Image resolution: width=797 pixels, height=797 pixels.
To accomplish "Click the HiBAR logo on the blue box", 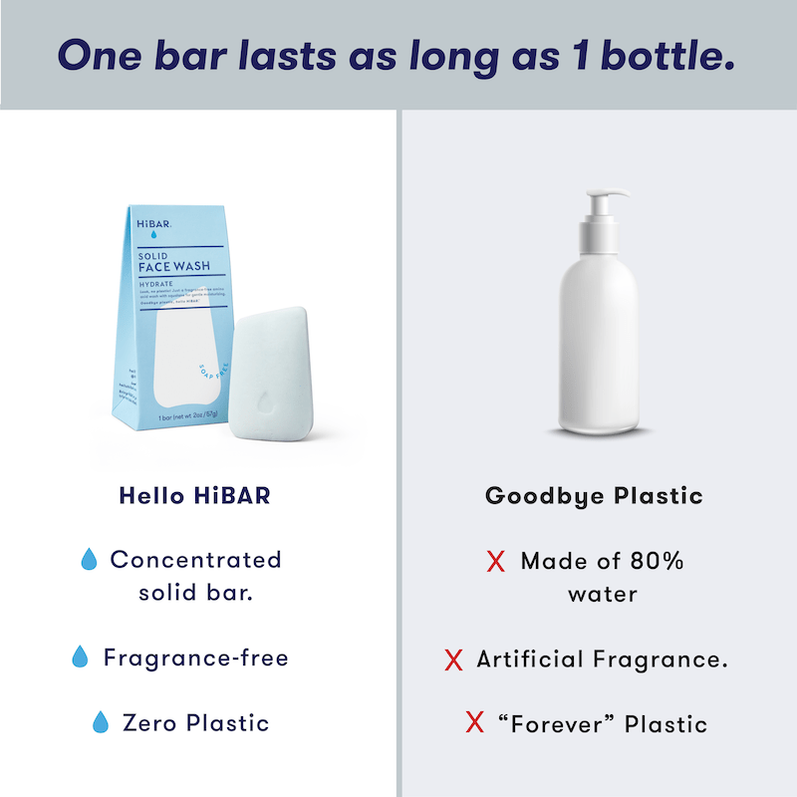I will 154,225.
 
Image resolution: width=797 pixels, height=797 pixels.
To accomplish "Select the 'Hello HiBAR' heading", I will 194,495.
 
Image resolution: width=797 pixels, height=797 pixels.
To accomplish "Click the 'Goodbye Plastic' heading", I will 594,495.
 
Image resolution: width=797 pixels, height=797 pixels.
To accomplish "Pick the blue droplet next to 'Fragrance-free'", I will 80,658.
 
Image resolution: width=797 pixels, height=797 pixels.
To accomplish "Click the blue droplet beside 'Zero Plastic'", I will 100,722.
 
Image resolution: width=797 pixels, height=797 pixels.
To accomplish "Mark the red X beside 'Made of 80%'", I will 495,561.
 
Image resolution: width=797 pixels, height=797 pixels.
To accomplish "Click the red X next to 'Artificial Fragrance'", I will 453,659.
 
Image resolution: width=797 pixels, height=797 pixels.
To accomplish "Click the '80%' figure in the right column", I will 656,561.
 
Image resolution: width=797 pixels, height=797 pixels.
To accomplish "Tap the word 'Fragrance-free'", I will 195,658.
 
